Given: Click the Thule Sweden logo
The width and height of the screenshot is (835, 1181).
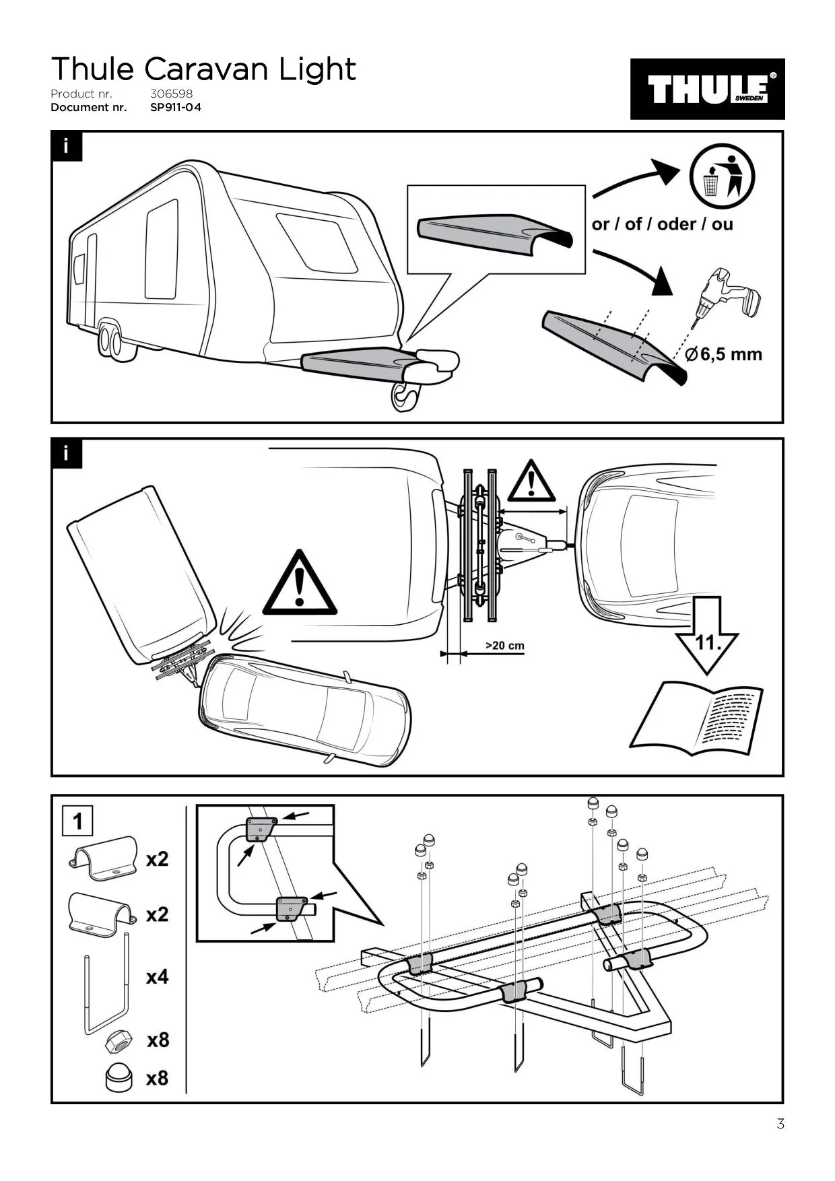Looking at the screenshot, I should (707, 89).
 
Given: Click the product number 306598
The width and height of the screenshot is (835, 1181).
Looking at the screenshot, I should (171, 94).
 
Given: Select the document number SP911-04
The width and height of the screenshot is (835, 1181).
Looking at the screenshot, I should (176, 107).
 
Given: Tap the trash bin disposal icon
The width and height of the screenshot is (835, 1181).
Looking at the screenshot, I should (721, 175).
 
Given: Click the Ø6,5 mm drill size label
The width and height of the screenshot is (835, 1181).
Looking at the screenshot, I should (724, 354).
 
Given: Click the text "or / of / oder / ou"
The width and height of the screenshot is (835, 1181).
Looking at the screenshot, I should (662, 224).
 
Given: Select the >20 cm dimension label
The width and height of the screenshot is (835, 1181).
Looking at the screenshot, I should (504, 646).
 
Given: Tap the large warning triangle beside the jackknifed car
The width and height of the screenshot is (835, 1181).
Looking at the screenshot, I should (299, 584).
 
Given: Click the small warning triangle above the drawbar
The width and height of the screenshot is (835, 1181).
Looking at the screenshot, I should (531, 482).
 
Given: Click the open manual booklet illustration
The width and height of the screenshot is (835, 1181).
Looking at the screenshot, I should (696, 718).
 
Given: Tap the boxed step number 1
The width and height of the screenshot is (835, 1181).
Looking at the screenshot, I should (77, 821).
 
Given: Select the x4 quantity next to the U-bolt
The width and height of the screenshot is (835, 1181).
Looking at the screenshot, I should (157, 976).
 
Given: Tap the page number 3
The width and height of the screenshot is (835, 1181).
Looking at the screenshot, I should (780, 1124).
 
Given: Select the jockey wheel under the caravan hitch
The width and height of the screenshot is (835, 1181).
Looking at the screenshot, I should (405, 397).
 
